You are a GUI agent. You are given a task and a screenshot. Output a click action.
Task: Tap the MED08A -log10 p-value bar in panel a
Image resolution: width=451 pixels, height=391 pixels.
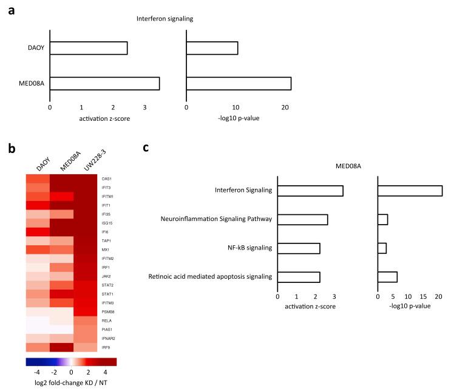click(239, 83)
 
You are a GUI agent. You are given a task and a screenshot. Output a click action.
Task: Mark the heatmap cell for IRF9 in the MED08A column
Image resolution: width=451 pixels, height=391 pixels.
click(61, 347)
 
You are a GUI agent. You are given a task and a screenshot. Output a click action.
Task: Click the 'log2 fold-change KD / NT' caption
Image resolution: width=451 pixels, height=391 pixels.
click(71, 384)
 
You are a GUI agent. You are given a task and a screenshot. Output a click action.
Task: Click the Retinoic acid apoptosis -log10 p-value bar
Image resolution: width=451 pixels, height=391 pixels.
click(387, 277)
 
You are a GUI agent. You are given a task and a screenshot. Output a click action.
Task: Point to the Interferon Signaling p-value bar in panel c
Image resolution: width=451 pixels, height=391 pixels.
click(410, 191)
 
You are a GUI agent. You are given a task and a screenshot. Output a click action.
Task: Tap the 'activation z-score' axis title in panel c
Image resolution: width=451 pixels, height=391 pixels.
click(309, 307)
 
